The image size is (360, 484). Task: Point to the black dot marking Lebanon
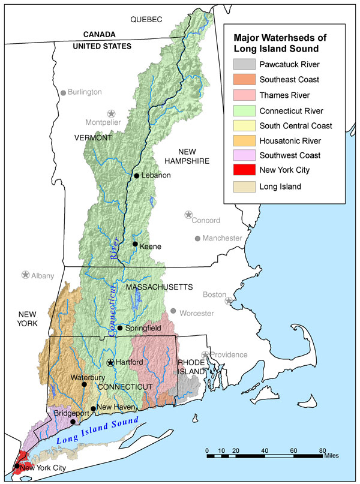tap(137, 176)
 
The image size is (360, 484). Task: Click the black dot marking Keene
tap(136, 244)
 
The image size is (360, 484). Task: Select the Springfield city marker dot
tap(120, 328)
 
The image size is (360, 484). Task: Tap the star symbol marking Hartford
tap(110, 362)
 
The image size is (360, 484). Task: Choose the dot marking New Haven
tap(93, 408)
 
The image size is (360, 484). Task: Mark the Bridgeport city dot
tap(73, 422)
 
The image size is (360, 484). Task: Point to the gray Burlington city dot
tap(63, 93)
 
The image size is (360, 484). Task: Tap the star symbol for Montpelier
tap(111, 113)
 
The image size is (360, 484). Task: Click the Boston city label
tap(214, 294)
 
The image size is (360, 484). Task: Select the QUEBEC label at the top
tap(146, 20)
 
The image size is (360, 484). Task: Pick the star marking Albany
tap(25, 275)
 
